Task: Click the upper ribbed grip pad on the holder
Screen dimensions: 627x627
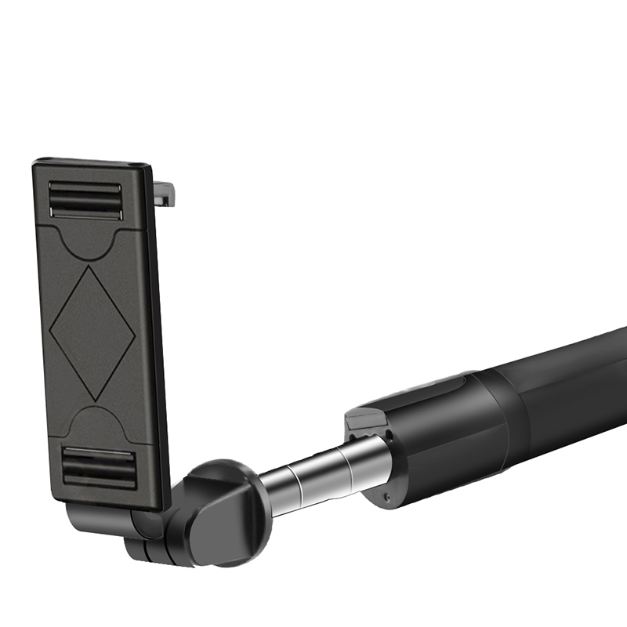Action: point(85,201)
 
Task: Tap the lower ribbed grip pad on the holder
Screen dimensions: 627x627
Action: point(100,467)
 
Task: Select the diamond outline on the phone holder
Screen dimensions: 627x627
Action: point(92,334)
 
